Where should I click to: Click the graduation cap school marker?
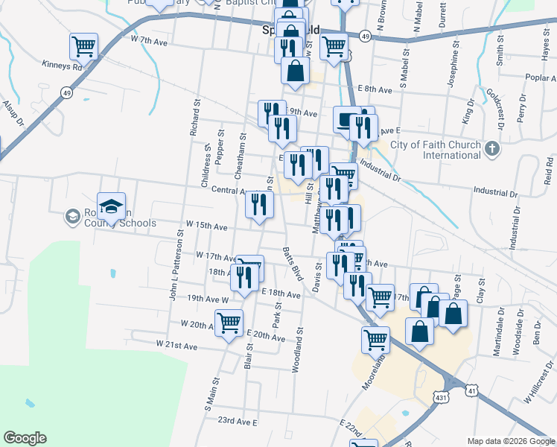[x=111, y=207]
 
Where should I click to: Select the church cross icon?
[x=491, y=149]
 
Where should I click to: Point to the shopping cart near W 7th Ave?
[x=83, y=46]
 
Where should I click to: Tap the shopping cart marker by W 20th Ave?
[x=229, y=323]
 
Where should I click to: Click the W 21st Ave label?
[x=176, y=345]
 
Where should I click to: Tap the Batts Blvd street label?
[x=293, y=262]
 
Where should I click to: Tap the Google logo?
[x=25, y=438]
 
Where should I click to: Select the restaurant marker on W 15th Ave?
[x=258, y=205]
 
